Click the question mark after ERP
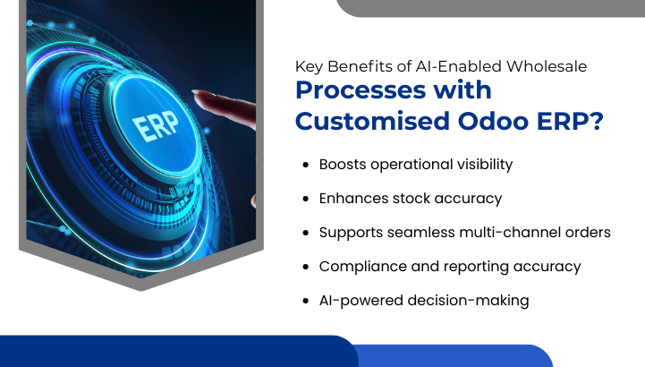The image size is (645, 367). click(592, 121)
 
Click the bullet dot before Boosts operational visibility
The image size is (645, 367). click(307, 166)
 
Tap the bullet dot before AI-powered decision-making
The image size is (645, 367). click(307, 301)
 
